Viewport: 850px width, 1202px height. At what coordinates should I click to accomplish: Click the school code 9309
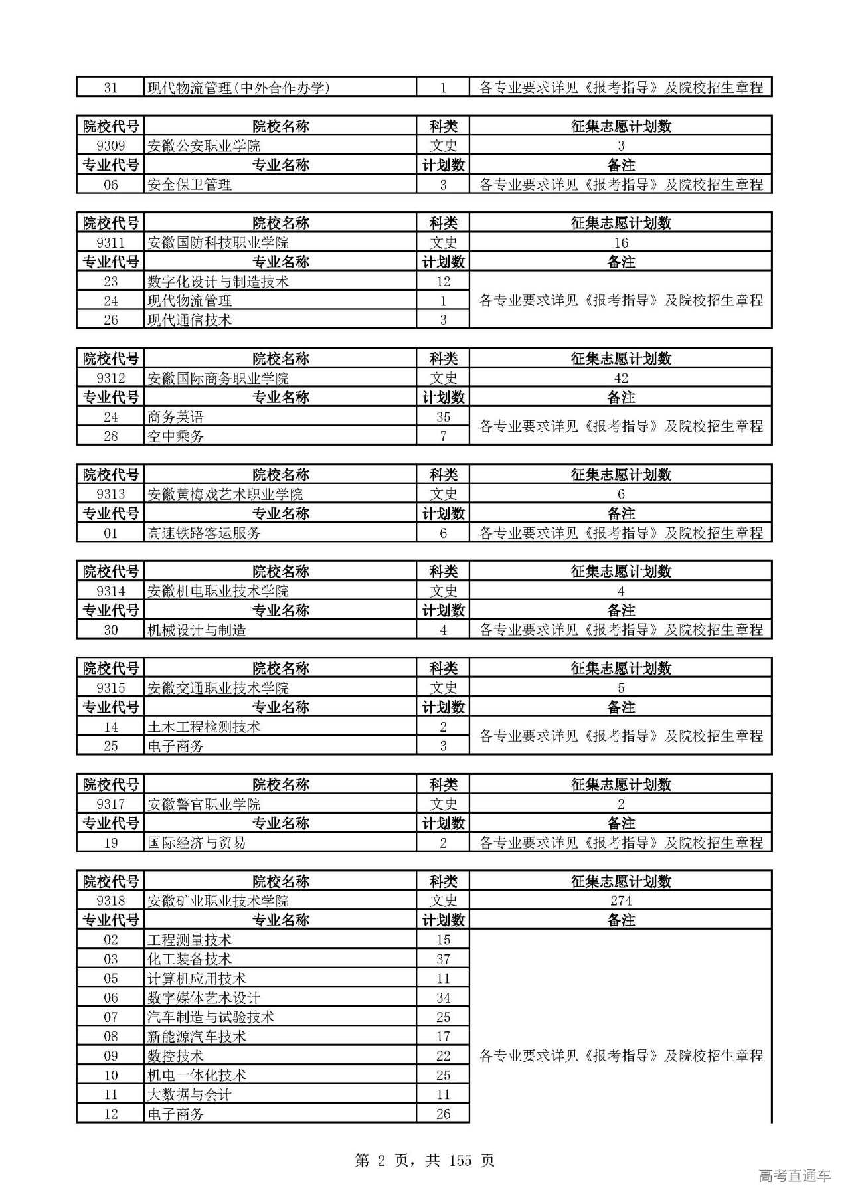click(110, 146)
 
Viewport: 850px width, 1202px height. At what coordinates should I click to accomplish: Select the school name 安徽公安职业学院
click(204, 146)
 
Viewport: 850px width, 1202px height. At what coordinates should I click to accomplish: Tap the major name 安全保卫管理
click(189, 185)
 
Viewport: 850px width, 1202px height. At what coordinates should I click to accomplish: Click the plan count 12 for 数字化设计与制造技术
click(443, 282)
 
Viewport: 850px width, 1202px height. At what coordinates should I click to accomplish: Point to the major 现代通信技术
click(189, 320)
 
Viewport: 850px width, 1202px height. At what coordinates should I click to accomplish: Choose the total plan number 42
click(620, 379)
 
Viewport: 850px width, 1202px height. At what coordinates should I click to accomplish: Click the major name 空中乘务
click(175, 436)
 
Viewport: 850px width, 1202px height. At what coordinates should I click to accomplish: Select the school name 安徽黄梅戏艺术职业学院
click(225, 495)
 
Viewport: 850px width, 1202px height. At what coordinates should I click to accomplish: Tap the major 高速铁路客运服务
click(204, 533)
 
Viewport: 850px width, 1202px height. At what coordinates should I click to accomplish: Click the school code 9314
click(110, 591)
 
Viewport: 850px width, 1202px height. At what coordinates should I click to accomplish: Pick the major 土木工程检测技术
click(204, 727)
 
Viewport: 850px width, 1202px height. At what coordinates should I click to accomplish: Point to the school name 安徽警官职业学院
click(204, 804)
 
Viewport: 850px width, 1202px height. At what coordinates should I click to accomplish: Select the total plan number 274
click(620, 901)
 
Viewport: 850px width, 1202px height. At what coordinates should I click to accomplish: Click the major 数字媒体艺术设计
click(204, 998)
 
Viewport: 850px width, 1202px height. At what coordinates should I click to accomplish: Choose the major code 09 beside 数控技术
click(110, 1056)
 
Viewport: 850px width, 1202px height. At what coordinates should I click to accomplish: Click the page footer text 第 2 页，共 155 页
click(425, 1160)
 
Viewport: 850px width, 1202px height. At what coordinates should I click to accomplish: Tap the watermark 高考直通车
click(794, 1175)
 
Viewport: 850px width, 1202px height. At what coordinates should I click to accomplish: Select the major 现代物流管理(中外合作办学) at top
click(238, 88)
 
